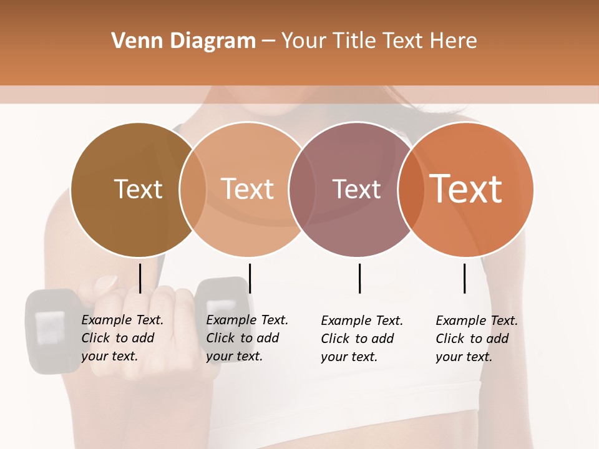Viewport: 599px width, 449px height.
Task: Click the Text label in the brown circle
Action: coord(138,189)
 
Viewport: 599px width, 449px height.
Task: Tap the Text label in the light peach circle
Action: coord(247,189)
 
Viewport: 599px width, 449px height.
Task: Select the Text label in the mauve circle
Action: coord(356,189)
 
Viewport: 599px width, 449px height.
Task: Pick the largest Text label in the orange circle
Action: coord(466,188)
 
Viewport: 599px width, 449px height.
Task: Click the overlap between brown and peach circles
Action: coord(193,190)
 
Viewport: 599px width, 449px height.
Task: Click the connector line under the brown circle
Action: coord(140,278)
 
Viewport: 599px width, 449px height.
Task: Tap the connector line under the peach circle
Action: coord(250,278)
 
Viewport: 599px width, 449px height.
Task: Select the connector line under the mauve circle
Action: coord(359,278)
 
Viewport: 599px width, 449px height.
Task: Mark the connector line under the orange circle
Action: coord(464,278)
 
